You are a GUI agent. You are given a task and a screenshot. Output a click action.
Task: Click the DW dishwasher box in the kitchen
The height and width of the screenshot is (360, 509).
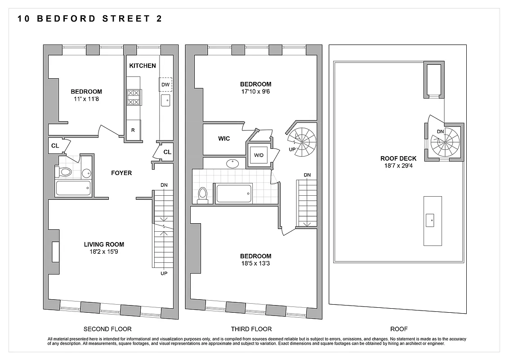(165, 85)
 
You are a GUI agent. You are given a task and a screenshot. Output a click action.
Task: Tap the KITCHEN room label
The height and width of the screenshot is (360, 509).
(143, 66)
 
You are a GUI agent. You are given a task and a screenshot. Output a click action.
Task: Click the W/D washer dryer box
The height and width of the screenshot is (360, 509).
(259, 155)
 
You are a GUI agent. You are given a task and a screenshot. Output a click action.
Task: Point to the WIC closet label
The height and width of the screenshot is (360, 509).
(224, 139)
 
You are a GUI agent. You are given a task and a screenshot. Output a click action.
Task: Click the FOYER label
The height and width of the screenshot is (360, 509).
(121, 173)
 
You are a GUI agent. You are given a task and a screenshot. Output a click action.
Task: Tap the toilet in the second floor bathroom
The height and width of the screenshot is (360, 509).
(64, 172)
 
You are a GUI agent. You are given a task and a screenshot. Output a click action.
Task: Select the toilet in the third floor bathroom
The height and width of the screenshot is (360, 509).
(202, 195)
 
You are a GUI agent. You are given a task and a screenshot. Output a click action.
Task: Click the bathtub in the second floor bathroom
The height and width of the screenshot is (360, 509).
(73, 188)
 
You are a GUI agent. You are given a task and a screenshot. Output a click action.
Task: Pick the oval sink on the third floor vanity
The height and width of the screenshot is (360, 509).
(233, 163)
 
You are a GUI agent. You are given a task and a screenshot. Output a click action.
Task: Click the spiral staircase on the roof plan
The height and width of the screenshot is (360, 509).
(445, 142)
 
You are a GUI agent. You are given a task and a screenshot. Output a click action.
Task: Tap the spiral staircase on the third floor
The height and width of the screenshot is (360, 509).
(302, 141)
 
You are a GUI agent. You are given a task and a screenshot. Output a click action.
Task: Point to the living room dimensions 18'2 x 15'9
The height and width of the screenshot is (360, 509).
(104, 252)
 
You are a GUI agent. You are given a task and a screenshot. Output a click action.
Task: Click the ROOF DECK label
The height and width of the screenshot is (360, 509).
(398, 158)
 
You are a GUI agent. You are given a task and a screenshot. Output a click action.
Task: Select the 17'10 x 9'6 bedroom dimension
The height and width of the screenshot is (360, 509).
(255, 91)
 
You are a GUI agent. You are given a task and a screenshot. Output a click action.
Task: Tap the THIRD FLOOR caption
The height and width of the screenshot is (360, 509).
(251, 329)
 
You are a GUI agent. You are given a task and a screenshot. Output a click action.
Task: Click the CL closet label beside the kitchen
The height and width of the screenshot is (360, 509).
(167, 152)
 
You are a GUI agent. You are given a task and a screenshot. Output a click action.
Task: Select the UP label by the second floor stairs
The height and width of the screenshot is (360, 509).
(164, 273)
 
